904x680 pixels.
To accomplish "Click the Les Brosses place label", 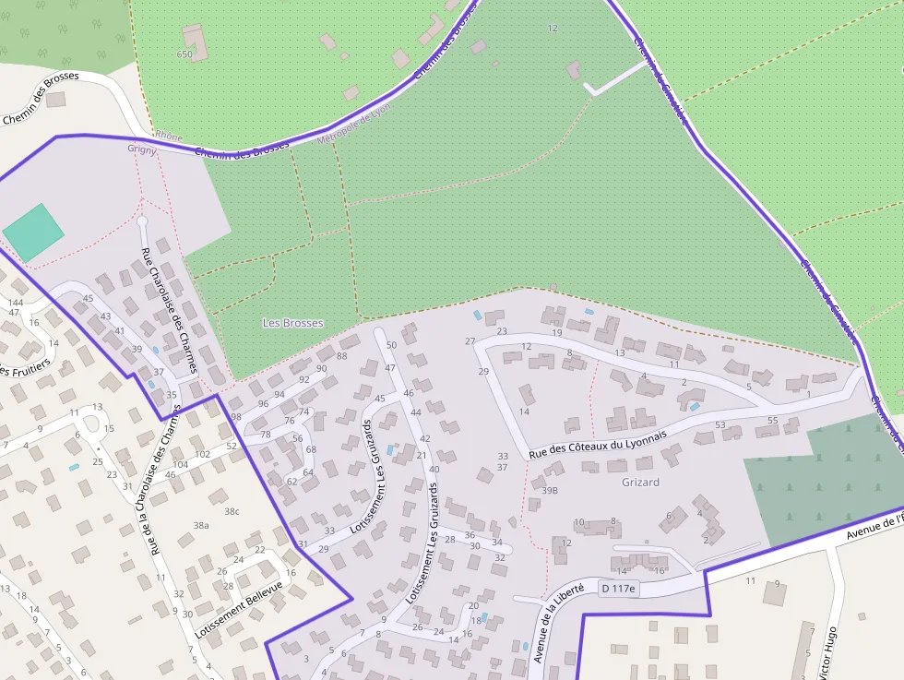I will coord(293,323).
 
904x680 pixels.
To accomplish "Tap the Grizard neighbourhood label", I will coord(640,482).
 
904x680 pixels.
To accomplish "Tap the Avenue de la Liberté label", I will coord(559,623).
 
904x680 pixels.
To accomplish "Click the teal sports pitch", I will coord(33,233).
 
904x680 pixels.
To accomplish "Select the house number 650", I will coord(184,54).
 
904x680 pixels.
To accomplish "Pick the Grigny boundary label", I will coord(142,149).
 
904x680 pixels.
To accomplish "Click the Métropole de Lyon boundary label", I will coord(354,124).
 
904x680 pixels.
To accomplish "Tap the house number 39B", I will coord(550,491).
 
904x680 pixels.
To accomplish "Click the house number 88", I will coord(342,356).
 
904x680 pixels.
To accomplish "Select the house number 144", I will coord(16,303).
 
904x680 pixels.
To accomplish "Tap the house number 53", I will coord(720,425).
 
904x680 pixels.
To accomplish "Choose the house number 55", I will coord(773,421).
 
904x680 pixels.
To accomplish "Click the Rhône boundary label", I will coord(168,137).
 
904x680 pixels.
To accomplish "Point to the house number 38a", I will coord(201,525).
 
